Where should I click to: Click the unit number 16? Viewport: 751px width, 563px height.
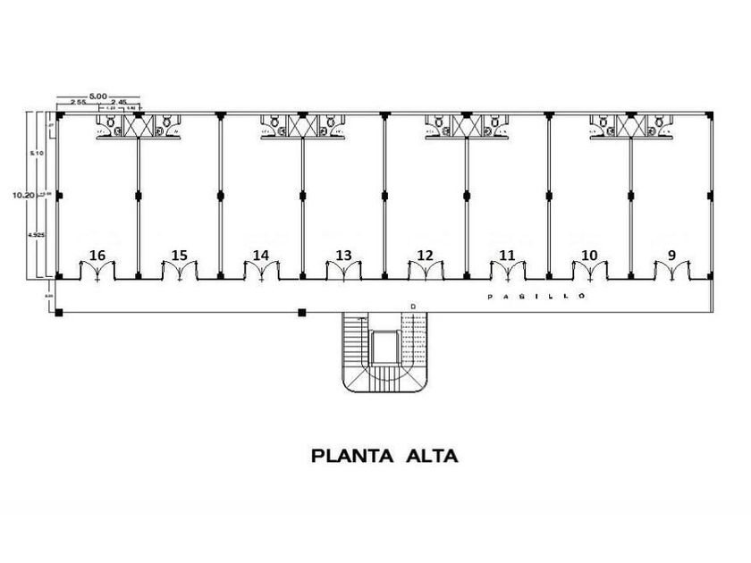(97, 256)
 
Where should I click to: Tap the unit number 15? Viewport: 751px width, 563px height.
(180, 256)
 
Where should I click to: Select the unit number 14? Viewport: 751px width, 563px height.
(260, 256)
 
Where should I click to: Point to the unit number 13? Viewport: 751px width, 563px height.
(343, 256)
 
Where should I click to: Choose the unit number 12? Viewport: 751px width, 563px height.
(425, 256)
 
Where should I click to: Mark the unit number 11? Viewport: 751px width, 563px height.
(507, 256)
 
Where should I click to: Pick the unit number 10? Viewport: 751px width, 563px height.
(588, 256)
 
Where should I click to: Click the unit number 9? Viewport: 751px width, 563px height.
(671, 256)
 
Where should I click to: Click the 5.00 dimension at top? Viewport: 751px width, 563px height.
(98, 94)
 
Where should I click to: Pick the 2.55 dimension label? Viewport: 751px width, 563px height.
(76, 103)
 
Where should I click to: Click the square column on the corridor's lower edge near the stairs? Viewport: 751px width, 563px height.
(302, 312)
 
